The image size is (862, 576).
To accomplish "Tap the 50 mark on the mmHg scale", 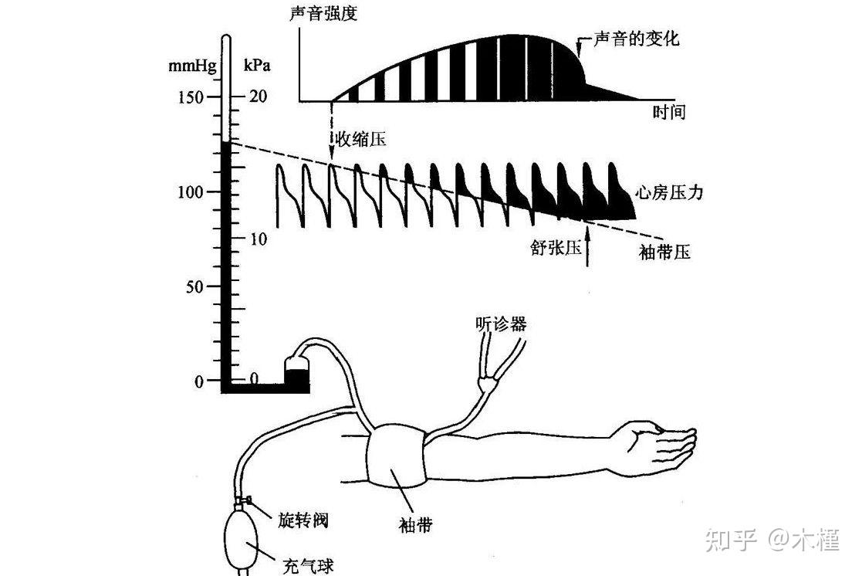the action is tap(192, 286).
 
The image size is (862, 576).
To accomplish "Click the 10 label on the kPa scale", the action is tap(257, 239).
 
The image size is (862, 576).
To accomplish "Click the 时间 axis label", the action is tap(668, 113).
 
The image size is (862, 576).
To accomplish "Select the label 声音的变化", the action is tap(637, 38).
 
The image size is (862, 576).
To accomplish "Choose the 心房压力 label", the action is tap(669, 193).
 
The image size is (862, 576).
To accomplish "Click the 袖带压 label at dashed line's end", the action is tap(665, 252).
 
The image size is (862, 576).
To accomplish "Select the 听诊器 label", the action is tap(501, 324).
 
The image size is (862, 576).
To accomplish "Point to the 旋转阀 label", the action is tap(303, 520).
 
